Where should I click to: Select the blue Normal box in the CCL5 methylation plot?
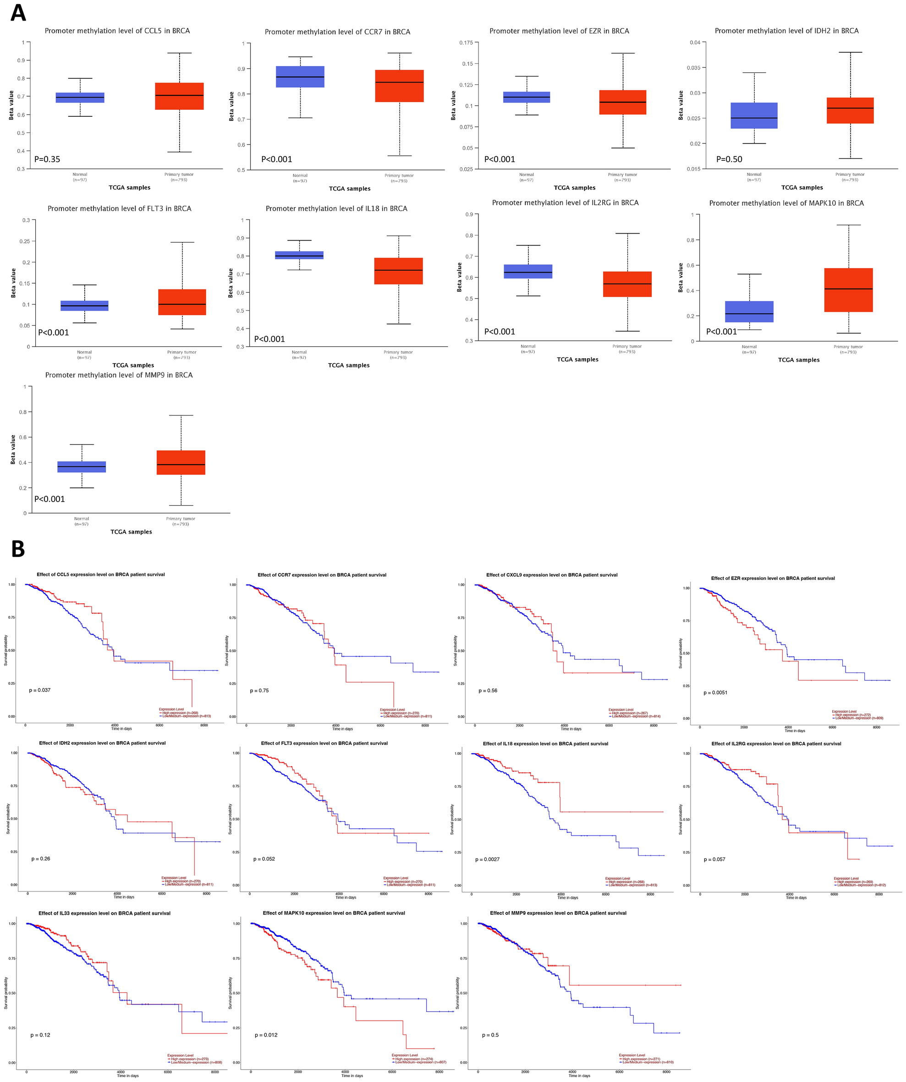[x=80, y=98]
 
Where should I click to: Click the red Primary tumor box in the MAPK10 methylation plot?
[x=848, y=290]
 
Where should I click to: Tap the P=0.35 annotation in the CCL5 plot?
[x=47, y=159]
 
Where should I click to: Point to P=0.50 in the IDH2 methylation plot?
[x=729, y=159]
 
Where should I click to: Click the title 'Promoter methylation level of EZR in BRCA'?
[x=559, y=31]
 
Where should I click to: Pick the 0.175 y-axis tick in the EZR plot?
[x=466, y=42]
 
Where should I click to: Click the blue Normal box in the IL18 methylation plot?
[x=299, y=255]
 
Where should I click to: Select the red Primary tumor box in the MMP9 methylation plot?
[x=181, y=462]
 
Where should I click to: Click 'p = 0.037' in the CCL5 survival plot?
[x=40, y=690]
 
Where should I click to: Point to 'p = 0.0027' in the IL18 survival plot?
[x=487, y=859]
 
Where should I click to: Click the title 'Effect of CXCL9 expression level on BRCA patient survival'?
[x=551, y=575]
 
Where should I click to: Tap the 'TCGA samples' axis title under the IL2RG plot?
[x=577, y=360]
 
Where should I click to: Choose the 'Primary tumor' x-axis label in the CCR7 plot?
[x=399, y=176]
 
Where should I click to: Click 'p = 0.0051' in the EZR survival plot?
[x=715, y=693]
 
